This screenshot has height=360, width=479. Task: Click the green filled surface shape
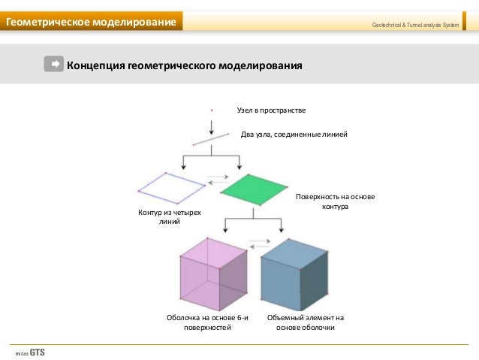[x=253, y=189]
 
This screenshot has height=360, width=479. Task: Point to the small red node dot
[x=212, y=110]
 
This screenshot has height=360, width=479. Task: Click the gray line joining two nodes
[x=211, y=138]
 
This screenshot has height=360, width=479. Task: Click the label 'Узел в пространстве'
[x=271, y=110]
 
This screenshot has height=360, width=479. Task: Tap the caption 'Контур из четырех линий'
[x=170, y=218]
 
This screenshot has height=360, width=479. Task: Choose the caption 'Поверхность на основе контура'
[x=335, y=201]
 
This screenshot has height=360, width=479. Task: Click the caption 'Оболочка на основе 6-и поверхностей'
[x=207, y=322]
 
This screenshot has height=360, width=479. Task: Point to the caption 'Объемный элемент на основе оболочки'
[x=306, y=322]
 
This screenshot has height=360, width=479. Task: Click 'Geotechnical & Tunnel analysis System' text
[x=415, y=26]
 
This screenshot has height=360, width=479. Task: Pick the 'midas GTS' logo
[x=29, y=352]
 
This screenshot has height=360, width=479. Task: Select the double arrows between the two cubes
[x=258, y=244]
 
